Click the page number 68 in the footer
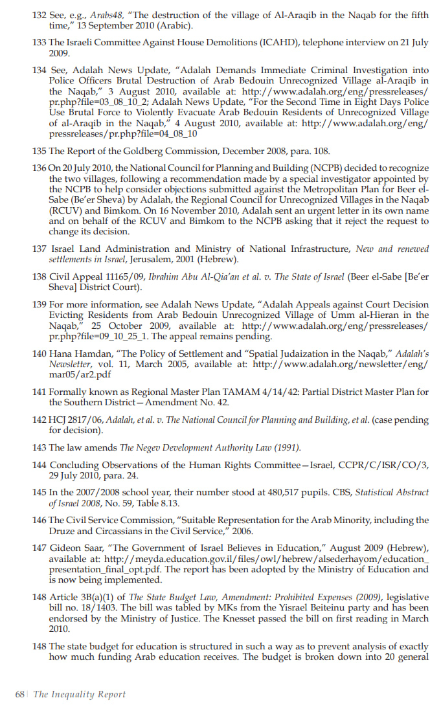point(21,694)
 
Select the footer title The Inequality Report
point(79,694)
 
